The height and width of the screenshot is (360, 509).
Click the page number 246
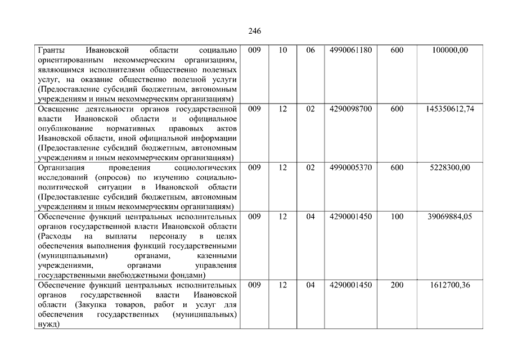(x=254, y=30)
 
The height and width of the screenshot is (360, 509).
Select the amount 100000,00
(x=449, y=51)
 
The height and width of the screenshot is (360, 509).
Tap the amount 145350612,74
(x=449, y=109)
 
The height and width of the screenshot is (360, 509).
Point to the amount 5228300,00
(x=449, y=168)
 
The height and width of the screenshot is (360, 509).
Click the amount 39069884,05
(x=449, y=217)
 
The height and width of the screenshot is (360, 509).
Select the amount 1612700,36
(x=449, y=285)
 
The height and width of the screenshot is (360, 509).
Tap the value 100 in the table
(x=397, y=217)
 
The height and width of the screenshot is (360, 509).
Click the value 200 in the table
(x=397, y=285)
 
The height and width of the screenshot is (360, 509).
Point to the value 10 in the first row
(x=283, y=51)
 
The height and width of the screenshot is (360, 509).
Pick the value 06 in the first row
(x=310, y=51)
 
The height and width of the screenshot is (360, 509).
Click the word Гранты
(x=51, y=51)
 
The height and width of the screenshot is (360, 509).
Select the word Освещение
(x=58, y=109)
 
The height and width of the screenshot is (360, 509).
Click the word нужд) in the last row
(x=48, y=325)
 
